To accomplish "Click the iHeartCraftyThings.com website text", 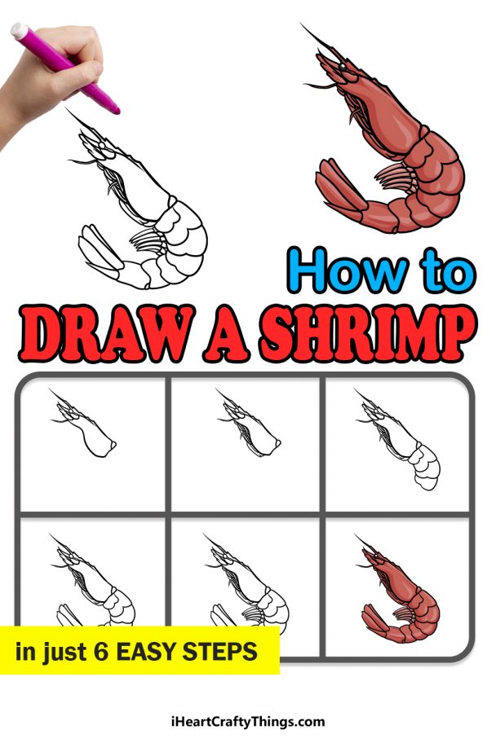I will [247, 721].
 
